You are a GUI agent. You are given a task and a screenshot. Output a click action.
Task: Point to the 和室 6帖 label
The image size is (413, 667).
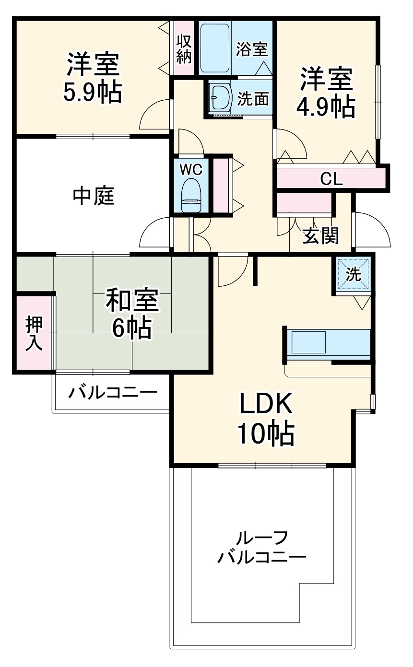point(131,314)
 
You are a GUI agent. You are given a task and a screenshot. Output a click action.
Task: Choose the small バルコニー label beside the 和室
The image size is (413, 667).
point(112,393)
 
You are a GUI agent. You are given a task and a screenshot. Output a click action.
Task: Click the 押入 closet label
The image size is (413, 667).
point(34,333)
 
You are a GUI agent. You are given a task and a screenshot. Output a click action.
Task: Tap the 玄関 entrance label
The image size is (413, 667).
point(320,235)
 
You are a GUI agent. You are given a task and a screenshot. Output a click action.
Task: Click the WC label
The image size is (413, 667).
point(191,169)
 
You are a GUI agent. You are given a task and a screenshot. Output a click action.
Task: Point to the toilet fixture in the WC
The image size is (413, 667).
point(191,195)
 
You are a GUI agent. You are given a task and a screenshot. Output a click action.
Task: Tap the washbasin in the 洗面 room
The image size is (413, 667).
point(221,98)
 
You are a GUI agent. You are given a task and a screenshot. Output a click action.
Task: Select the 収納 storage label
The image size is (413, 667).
point(184,48)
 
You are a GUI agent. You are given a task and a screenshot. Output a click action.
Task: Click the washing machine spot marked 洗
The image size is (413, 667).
point(353,274)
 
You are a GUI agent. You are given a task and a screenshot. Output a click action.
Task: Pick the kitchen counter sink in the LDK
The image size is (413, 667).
point(309,343)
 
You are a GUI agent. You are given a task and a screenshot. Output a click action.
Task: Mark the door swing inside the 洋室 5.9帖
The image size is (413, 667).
point(156,115)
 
